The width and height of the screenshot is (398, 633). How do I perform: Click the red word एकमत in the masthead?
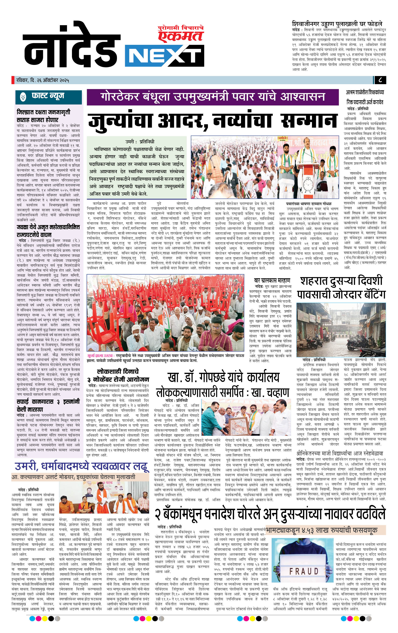(181, 36)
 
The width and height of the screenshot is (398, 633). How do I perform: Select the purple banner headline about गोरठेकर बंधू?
(213, 96)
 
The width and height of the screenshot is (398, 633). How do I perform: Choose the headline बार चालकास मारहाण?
(272, 280)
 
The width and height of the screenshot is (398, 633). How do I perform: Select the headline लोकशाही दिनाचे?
(118, 371)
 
